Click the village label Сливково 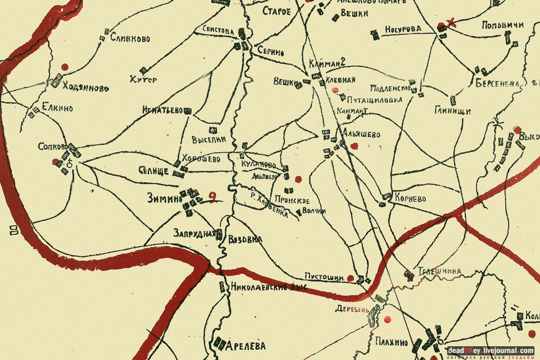130,38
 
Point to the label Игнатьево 162,110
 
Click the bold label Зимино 164,198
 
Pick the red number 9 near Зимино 213,197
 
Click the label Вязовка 245,239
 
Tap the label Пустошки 324,277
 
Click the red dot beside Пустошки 351,278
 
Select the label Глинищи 452,111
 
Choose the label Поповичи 502,25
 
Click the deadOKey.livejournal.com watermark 490,351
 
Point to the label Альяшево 362,134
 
